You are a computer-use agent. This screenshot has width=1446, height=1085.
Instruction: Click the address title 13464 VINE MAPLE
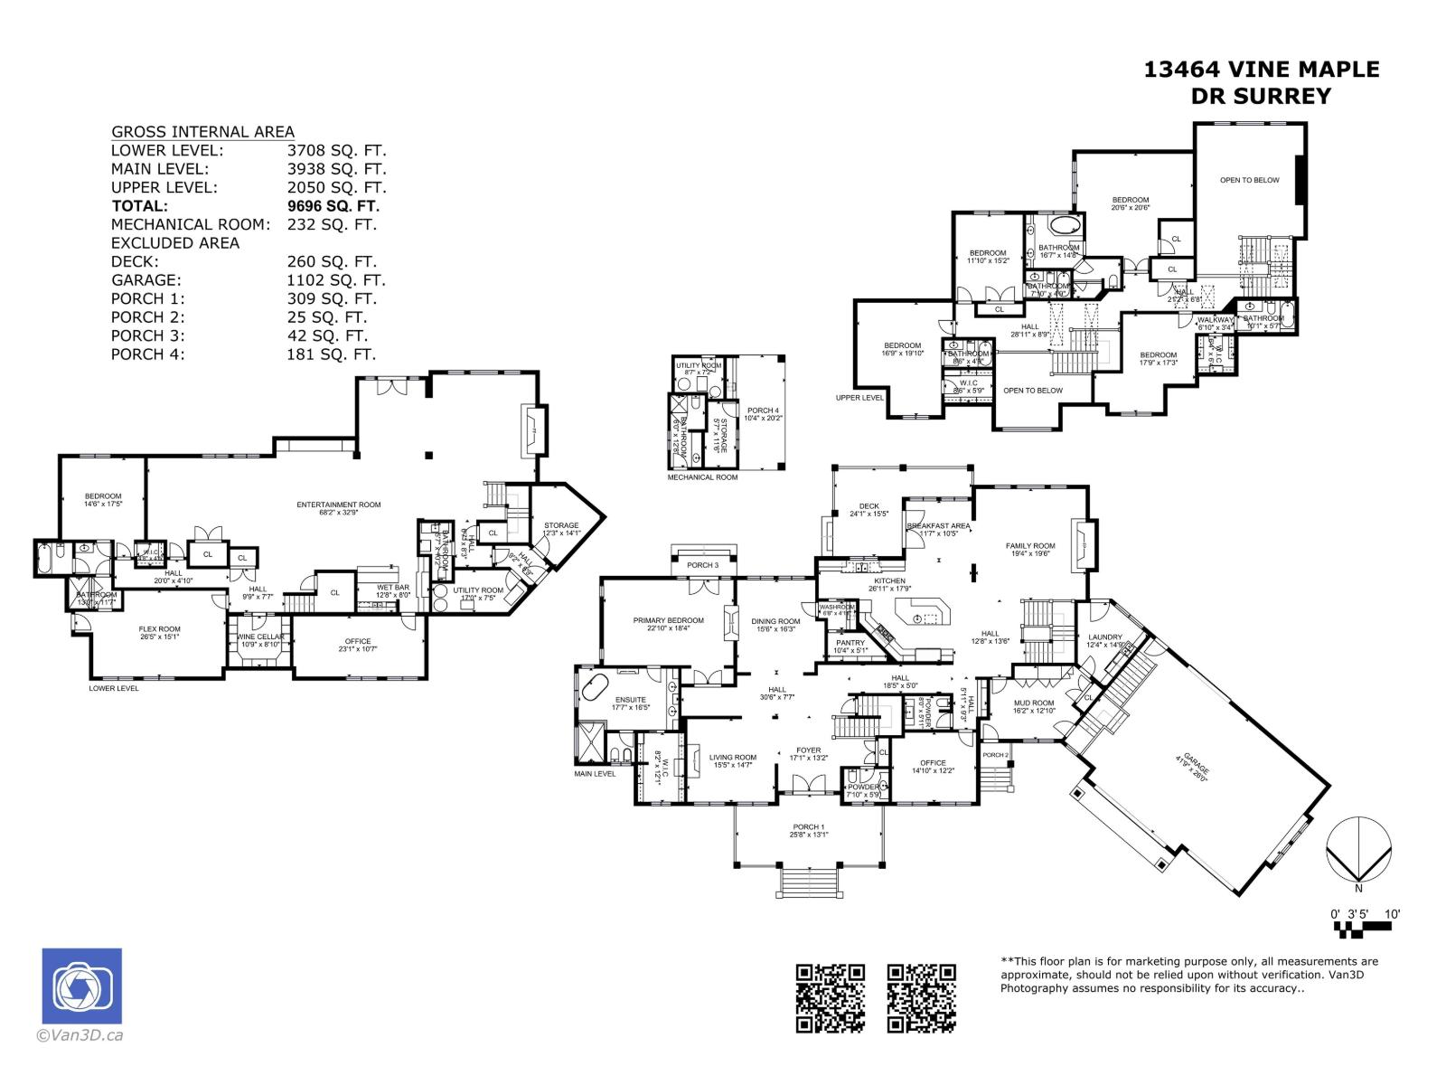tap(1262, 70)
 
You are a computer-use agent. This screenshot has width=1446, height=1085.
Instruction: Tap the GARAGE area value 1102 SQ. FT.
tap(336, 280)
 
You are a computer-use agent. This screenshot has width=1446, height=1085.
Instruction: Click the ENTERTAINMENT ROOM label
tap(339, 505)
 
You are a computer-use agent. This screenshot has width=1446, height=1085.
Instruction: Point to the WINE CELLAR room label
tap(260, 637)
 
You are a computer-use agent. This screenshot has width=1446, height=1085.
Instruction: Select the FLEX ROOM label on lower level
tap(159, 629)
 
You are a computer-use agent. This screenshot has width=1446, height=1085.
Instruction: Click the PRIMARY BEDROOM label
tap(668, 620)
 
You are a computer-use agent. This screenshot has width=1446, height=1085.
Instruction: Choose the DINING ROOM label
tap(775, 621)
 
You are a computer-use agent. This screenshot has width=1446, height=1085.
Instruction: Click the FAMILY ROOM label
tap(1030, 546)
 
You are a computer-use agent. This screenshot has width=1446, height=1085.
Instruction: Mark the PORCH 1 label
tap(808, 827)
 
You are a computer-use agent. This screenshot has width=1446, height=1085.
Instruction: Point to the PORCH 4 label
tap(762, 410)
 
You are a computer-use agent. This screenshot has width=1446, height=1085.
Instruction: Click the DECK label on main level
tap(869, 506)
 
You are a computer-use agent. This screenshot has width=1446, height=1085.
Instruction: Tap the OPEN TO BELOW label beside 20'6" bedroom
tap(1249, 180)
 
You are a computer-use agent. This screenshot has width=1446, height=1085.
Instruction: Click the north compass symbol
tap(1357, 849)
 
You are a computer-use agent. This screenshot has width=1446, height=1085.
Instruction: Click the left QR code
tap(830, 998)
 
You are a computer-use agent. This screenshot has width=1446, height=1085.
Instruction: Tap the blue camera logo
tap(81, 986)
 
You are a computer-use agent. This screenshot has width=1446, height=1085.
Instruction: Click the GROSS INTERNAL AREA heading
tap(202, 132)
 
